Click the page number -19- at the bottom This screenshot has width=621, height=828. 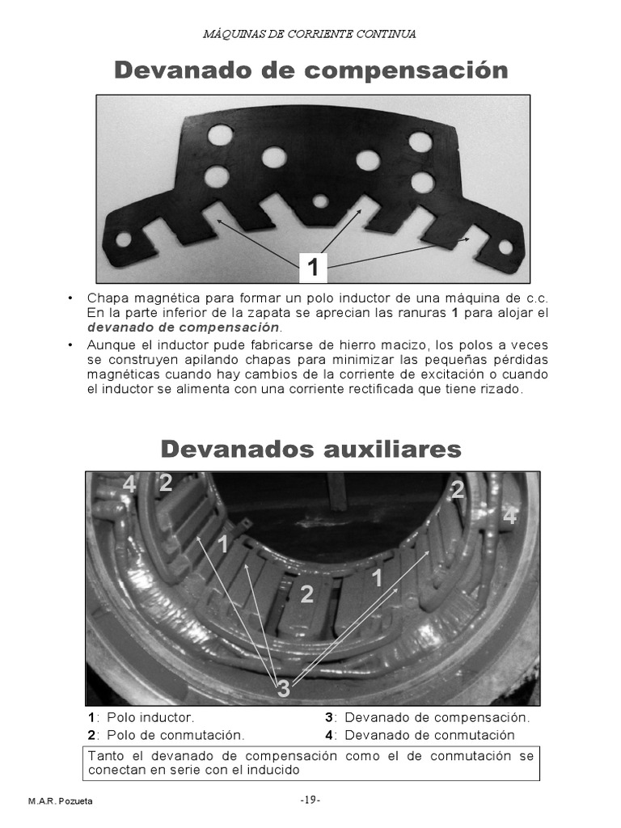click(x=310, y=800)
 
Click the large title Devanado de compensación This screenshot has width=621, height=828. click(x=310, y=70)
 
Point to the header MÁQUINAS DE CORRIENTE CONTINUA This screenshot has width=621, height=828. click(x=310, y=34)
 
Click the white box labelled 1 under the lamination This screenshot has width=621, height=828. click(x=312, y=266)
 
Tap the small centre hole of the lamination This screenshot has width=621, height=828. click(x=321, y=200)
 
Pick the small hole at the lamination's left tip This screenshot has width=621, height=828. click(x=124, y=239)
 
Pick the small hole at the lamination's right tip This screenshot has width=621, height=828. click(x=506, y=246)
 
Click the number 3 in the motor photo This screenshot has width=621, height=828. click(x=283, y=689)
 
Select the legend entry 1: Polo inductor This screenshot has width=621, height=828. click(x=142, y=717)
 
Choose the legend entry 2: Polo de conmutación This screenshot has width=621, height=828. click(x=166, y=735)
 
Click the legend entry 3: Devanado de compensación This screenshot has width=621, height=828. click(x=428, y=717)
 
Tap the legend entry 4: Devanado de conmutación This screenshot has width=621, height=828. click(x=420, y=735)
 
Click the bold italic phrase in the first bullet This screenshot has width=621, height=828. click(x=184, y=327)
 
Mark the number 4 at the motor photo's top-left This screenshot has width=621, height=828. click(x=129, y=485)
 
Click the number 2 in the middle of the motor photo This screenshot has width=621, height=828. click(x=306, y=595)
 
